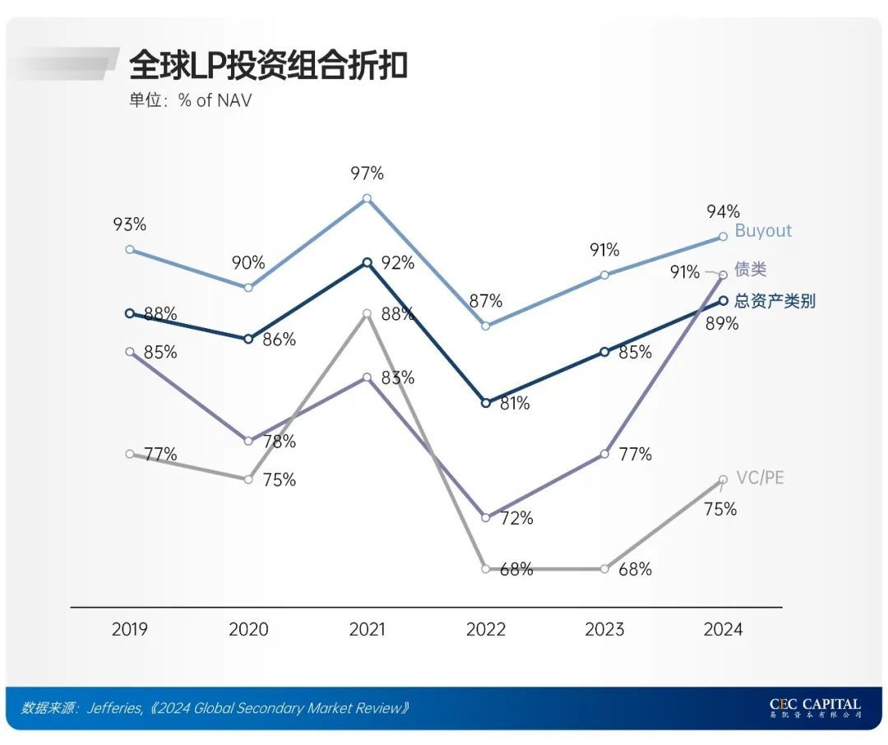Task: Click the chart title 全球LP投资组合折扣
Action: pyautogui.click(x=268, y=66)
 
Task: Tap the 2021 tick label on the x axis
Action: pyautogui.click(x=367, y=630)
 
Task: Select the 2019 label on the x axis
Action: pyautogui.click(x=130, y=630)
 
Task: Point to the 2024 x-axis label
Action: pyautogui.click(x=723, y=630)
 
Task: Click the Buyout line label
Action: pyautogui.click(x=763, y=230)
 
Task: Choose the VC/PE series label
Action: pyautogui.click(x=759, y=478)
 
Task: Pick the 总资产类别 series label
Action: pyautogui.click(x=775, y=301)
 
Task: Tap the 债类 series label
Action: pyautogui.click(x=751, y=270)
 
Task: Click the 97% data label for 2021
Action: pyautogui.click(x=367, y=174)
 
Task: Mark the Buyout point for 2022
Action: pyautogui.click(x=485, y=326)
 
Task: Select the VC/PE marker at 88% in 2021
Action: pyautogui.click(x=367, y=313)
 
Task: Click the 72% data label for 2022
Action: pyautogui.click(x=516, y=518)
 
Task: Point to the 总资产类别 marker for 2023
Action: pyautogui.click(x=604, y=352)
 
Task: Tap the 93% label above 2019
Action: pyautogui.click(x=130, y=224)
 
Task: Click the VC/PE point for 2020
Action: pyautogui.click(x=248, y=479)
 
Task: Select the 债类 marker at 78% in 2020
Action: pyautogui.click(x=248, y=441)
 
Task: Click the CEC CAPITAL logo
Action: pyautogui.click(x=815, y=708)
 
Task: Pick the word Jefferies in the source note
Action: pyautogui.click(x=114, y=708)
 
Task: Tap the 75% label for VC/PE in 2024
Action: pyautogui.click(x=720, y=510)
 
